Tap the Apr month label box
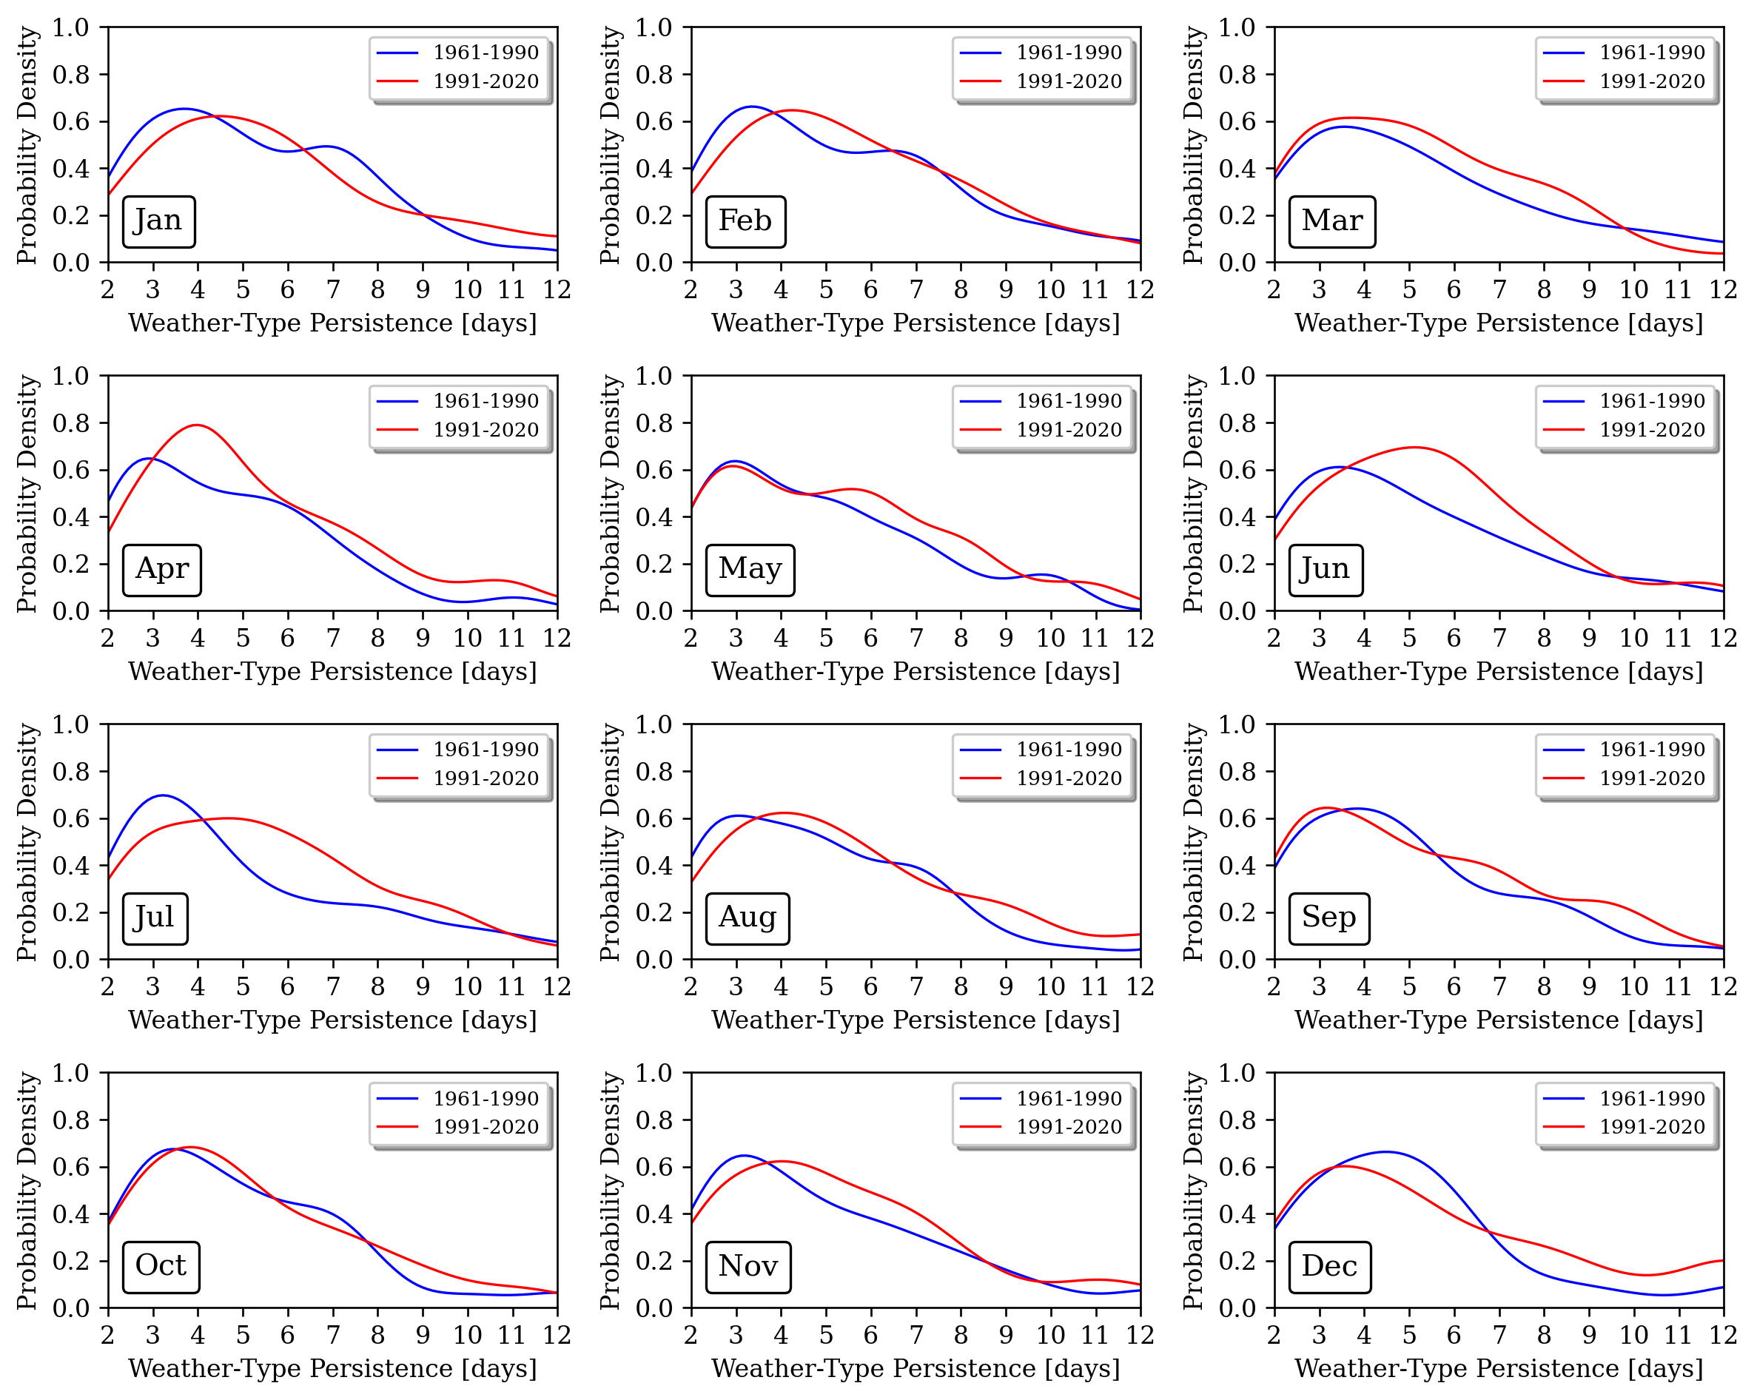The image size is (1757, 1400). pyautogui.click(x=161, y=570)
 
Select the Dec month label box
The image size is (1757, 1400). pyautogui.click(x=1329, y=1266)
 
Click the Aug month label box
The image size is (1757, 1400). pyautogui.click(x=748, y=918)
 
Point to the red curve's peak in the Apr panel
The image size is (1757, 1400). pyautogui.click(x=197, y=425)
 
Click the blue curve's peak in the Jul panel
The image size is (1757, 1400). pyautogui.click(x=163, y=795)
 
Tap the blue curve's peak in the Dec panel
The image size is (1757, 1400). pyautogui.click(x=1387, y=1151)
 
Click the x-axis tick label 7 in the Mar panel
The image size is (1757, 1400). pyautogui.click(x=1499, y=289)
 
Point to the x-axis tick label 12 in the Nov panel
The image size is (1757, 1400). pyautogui.click(x=1140, y=1335)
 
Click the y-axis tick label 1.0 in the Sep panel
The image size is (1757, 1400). pyautogui.click(x=1237, y=724)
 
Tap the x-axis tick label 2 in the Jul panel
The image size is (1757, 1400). pyautogui.click(x=107, y=987)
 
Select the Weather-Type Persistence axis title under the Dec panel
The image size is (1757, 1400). pyautogui.click(x=1499, y=1368)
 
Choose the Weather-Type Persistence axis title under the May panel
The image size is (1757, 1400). pyautogui.click(x=916, y=671)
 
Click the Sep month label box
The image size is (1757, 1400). pyautogui.click(x=1328, y=918)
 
